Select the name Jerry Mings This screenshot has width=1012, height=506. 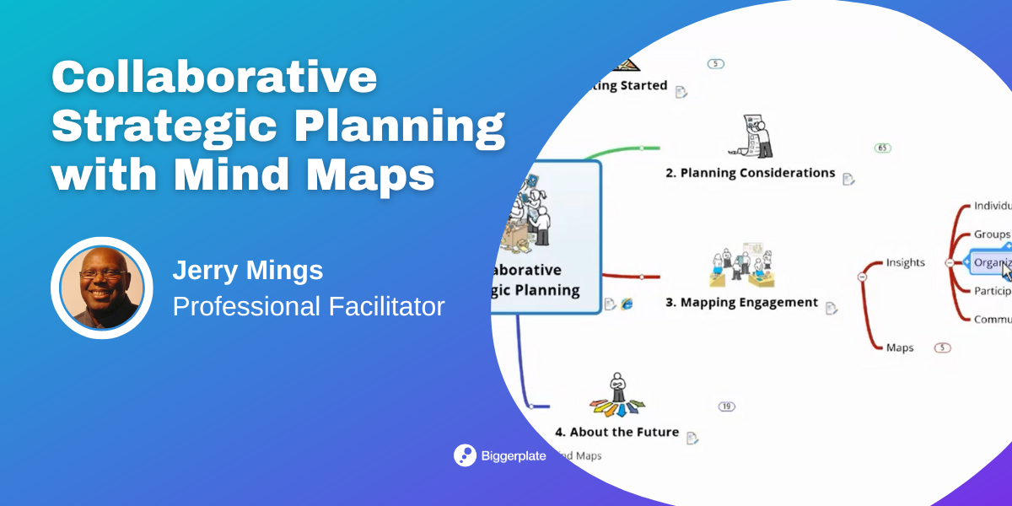(x=248, y=271)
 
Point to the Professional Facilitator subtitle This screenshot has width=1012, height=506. (x=309, y=306)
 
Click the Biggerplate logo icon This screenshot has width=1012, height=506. (x=465, y=455)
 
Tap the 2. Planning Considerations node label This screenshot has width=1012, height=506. (x=750, y=173)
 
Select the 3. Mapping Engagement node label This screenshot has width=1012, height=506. (x=741, y=302)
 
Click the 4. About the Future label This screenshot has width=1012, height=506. (x=616, y=432)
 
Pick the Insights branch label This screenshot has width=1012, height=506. (x=905, y=262)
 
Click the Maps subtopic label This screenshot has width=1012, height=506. (x=899, y=347)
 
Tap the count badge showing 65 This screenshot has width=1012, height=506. (x=883, y=148)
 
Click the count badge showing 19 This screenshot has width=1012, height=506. (x=726, y=406)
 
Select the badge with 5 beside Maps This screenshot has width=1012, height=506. (x=943, y=347)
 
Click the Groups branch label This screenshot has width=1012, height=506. (x=992, y=234)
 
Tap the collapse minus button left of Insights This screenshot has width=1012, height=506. (x=862, y=276)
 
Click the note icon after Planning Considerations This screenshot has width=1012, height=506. (x=848, y=179)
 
